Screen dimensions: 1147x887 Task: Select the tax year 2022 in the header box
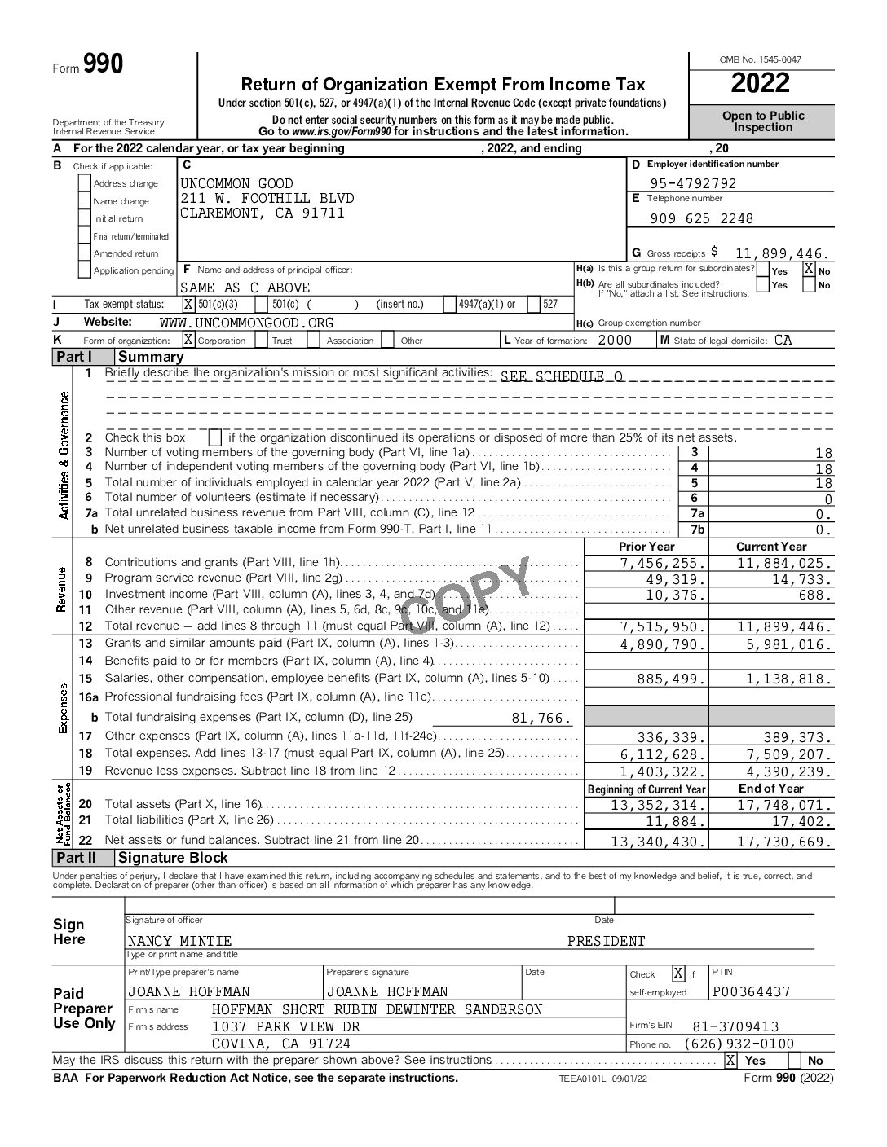(x=760, y=83)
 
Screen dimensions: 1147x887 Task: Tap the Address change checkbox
(x=84, y=183)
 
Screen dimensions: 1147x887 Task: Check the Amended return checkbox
(x=84, y=253)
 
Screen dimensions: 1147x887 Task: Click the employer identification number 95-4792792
(x=693, y=183)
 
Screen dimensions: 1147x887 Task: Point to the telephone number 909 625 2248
(x=702, y=218)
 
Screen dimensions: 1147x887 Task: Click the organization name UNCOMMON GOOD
(x=236, y=183)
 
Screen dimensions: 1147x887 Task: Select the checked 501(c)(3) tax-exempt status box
(x=188, y=305)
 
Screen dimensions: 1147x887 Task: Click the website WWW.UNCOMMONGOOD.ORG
(x=246, y=323)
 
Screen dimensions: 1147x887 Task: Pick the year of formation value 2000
(x=615, y=341)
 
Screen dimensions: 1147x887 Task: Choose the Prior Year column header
(x=646, y=547)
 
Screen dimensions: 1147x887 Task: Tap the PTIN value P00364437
(x=751, y=991)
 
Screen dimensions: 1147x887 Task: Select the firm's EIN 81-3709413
(x=735, y=1026)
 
